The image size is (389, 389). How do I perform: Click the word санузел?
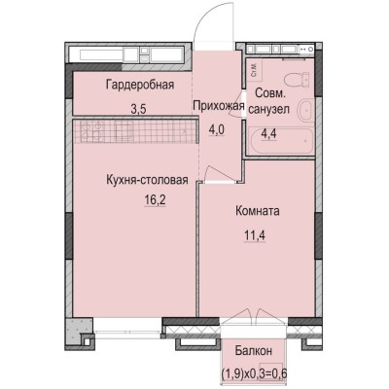click(269, 109)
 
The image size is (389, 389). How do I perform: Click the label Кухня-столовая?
click(147, 179)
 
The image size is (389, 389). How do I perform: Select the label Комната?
click(258, 209)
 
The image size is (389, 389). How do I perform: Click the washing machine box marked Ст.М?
click(254, 68)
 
